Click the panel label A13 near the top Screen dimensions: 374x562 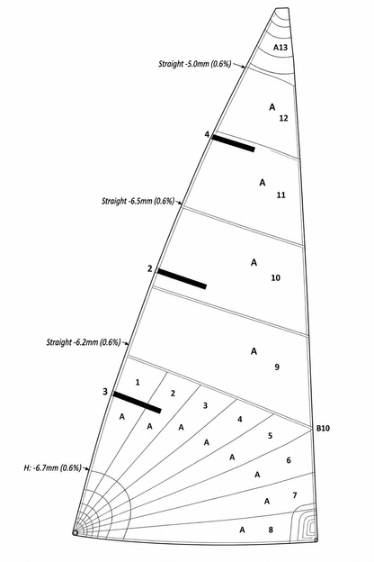[x=280, y=48]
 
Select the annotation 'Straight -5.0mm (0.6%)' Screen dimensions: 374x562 [x=195, y=64]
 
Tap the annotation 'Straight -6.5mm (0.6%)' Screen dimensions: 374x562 [x=138, y=201]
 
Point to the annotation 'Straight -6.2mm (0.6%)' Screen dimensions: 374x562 [x=84, y=342]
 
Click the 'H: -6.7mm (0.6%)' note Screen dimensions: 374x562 [x=53, y=467]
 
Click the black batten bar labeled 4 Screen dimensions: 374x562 [x=234, y=143]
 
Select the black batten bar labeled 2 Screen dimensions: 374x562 [x=183, y=278]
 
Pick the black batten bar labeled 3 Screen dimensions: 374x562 [x=137, y=403]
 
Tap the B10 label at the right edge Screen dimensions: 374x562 [x=323, y=428]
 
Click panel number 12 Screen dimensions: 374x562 [x=283, y=118]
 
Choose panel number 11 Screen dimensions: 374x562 [x=280, y=195]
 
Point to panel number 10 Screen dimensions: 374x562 [x=276, y=277]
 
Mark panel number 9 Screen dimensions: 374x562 [x=277, y=367]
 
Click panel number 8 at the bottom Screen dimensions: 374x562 [x=271, y=530]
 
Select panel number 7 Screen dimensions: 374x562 [x=295, y=495]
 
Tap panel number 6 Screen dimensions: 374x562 [x=289, y=460]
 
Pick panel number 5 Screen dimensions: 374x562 [x=270, y=436]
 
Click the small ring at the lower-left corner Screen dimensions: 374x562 [x=76, y=532]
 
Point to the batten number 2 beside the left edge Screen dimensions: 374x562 [x=149, y=268]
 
